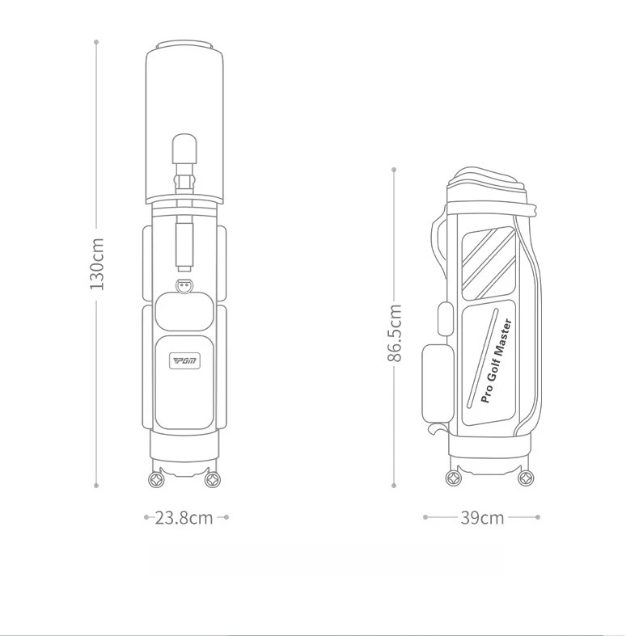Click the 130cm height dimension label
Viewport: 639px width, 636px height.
(x=97, y=263)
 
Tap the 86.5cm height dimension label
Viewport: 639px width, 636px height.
(x=395, y=333)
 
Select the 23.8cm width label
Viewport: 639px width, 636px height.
(x=184, y=518)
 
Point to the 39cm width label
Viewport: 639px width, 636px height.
(x=483, y=518)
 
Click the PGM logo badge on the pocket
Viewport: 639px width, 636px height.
(x=185, y=361)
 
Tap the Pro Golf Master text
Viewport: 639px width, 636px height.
(x=497, y=361)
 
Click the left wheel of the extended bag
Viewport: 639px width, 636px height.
(x=156, y=480)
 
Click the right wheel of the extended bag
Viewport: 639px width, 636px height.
(x=212, y=480)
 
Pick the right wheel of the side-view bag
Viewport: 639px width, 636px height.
(x=526, y=478)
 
